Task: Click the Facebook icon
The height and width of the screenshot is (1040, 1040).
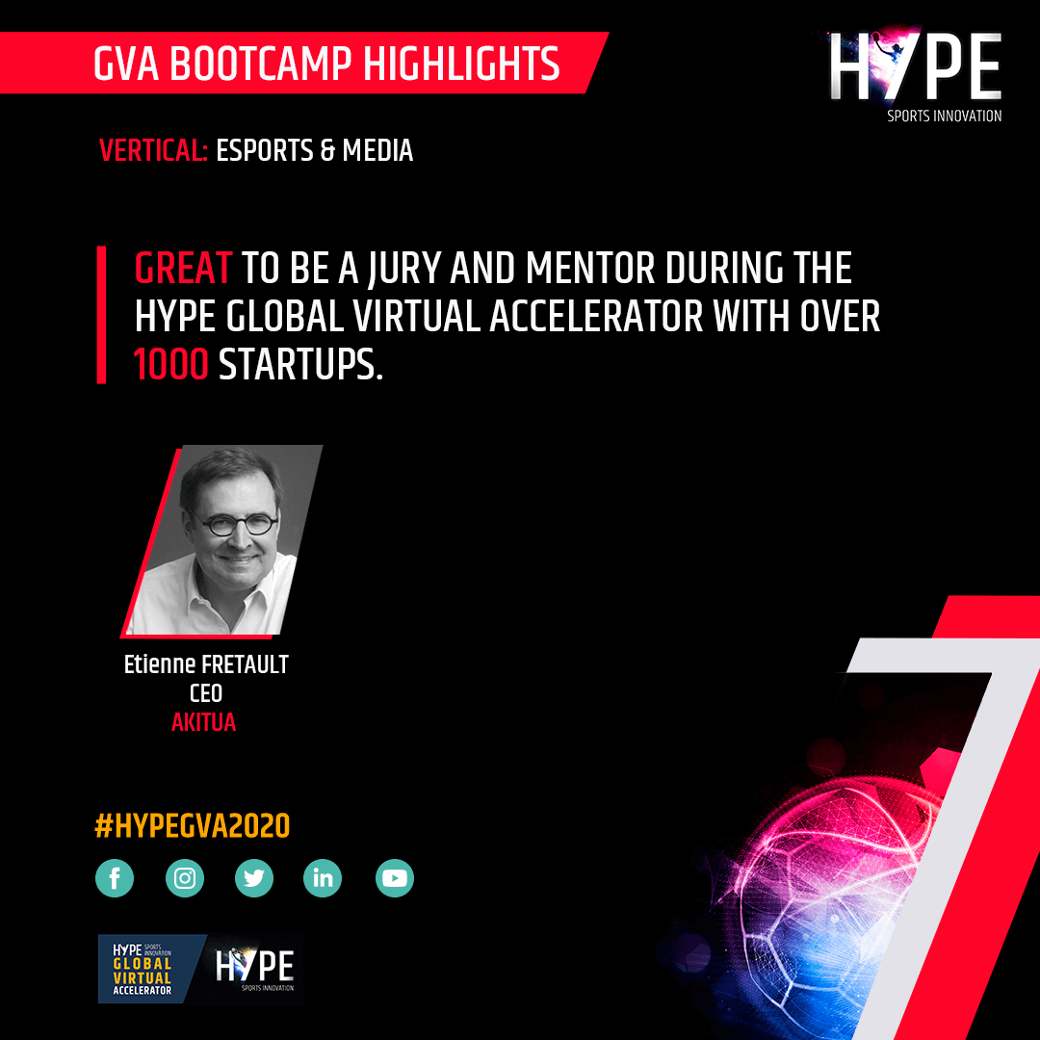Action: point(115,878)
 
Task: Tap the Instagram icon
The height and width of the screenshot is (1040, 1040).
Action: point(184,878)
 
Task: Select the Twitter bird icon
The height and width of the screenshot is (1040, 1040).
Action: point(254,878)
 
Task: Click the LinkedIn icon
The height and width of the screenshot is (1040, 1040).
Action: point(323,878)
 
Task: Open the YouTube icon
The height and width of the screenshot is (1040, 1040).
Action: point(395,878)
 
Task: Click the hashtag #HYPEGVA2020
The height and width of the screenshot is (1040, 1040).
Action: point(193,826)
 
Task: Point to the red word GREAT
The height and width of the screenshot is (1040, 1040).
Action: point(183,269)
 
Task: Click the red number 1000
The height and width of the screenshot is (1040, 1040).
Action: point(171,365)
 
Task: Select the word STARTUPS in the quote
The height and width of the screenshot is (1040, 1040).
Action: point(301,365)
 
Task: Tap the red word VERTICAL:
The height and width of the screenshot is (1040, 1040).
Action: point(153,150)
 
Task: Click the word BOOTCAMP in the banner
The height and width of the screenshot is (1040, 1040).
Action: point(261,64)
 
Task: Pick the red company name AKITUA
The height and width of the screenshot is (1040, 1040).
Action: point(203,722)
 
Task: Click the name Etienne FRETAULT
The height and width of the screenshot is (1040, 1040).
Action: point(206,663)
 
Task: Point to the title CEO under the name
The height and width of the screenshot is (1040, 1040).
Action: point(206,693)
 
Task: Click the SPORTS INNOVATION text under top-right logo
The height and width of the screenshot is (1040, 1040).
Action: point(945,117)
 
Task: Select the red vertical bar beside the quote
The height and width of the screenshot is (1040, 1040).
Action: point(101,315)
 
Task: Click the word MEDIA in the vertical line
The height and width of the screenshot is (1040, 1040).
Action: point(377,150)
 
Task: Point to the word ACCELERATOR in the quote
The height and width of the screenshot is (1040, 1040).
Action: point(596,317)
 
